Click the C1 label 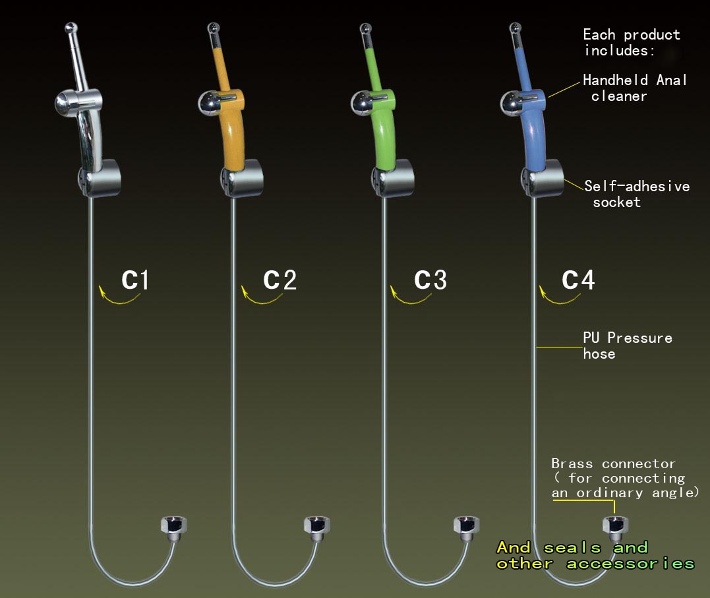pyautogui.click(x=135, y=280)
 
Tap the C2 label pyautogui.click(x=280, y=280)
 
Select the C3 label pyautogui.click(x=430, y=280)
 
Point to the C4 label pyautogui.click(x=578, y=280)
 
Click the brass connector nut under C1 pyautogui.click(x=174, y=527)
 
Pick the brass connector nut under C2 pyautogui.click(x=317, y=527)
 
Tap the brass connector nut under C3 pyautogui.click(x=466, y=527)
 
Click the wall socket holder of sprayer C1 pyautogui.click(x=100, y=178)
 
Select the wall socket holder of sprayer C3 pyautogui.click(x=393, y=178)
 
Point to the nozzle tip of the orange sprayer pyautogui.click(x=214, y=28)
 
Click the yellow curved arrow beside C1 pyautogui.click(x=119, y=297)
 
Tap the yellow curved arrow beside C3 pyautogui.click(x=410, y=297)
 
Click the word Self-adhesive pyautogui.click(x=637, y=186)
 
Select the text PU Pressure pyautogui.click(x=628, y=338)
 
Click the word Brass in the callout pyautogui.click(x=572, y=464)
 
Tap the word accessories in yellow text pyautogui.click(x=630, y=564)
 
